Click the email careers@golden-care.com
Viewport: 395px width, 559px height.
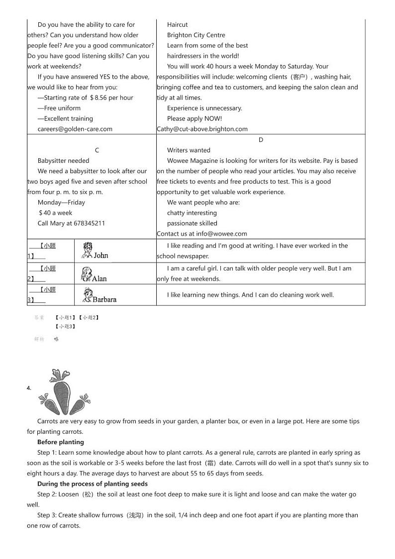75,129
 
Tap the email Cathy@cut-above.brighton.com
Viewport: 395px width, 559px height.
202,129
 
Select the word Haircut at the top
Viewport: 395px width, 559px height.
177,24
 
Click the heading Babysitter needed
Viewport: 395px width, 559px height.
63,161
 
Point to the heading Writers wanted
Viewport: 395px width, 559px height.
189,150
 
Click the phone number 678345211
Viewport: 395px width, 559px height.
90,223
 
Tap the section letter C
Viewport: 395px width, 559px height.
97,150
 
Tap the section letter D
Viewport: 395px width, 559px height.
261,140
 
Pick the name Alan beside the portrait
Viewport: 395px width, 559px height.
99,279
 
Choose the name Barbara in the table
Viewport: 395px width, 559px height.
104,299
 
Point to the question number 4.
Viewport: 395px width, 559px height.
29,388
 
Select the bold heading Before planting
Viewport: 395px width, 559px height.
61,442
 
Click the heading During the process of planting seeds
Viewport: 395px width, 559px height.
93,484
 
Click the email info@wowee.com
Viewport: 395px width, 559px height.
221,234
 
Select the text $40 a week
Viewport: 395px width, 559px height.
55,213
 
